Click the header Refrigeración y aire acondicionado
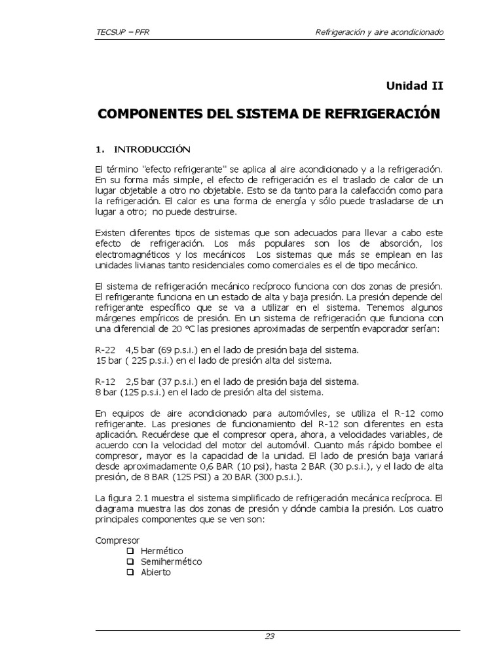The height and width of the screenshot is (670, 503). pos(380,31)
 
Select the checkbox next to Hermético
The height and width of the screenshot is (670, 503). pos(130,551)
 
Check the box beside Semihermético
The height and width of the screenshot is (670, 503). pos(130,561)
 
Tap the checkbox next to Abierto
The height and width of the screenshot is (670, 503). pos(130,572)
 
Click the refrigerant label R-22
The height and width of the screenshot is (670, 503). pos(106,349)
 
